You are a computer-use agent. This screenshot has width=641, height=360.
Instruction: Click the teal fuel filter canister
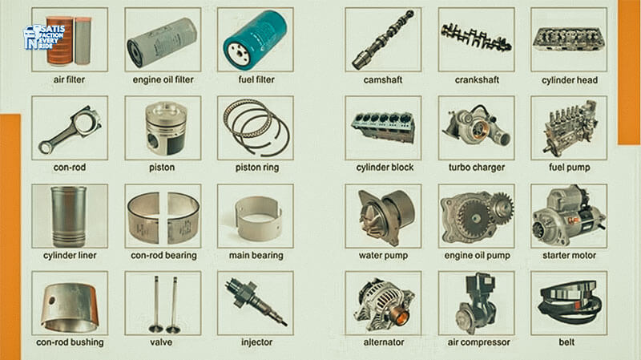click(255, 40)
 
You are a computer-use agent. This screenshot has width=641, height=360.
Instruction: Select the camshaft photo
click(383, 39)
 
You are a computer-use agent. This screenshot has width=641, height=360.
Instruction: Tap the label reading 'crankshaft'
click(477, 79)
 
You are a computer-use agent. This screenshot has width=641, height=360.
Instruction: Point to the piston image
click(167, 128)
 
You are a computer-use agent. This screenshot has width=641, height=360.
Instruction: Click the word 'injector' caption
click(256, 342)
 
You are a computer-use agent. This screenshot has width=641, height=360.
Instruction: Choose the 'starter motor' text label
click(569, 255)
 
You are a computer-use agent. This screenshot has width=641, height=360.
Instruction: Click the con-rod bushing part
click(70, 308)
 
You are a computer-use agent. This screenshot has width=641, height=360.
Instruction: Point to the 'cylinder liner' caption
click(70, 255)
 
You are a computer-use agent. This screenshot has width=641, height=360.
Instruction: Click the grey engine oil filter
click(163, 42)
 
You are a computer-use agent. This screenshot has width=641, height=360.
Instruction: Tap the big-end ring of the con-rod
click(88, 122)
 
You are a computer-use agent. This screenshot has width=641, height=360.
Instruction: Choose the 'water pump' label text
click(383, 255)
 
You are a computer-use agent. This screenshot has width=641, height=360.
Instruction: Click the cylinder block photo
click(383, 127)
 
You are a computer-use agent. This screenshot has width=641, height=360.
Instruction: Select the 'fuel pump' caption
click(569, 168)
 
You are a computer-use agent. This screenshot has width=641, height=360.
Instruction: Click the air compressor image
click(477, 304)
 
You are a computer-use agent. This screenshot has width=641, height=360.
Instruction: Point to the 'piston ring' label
click(256, 168)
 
